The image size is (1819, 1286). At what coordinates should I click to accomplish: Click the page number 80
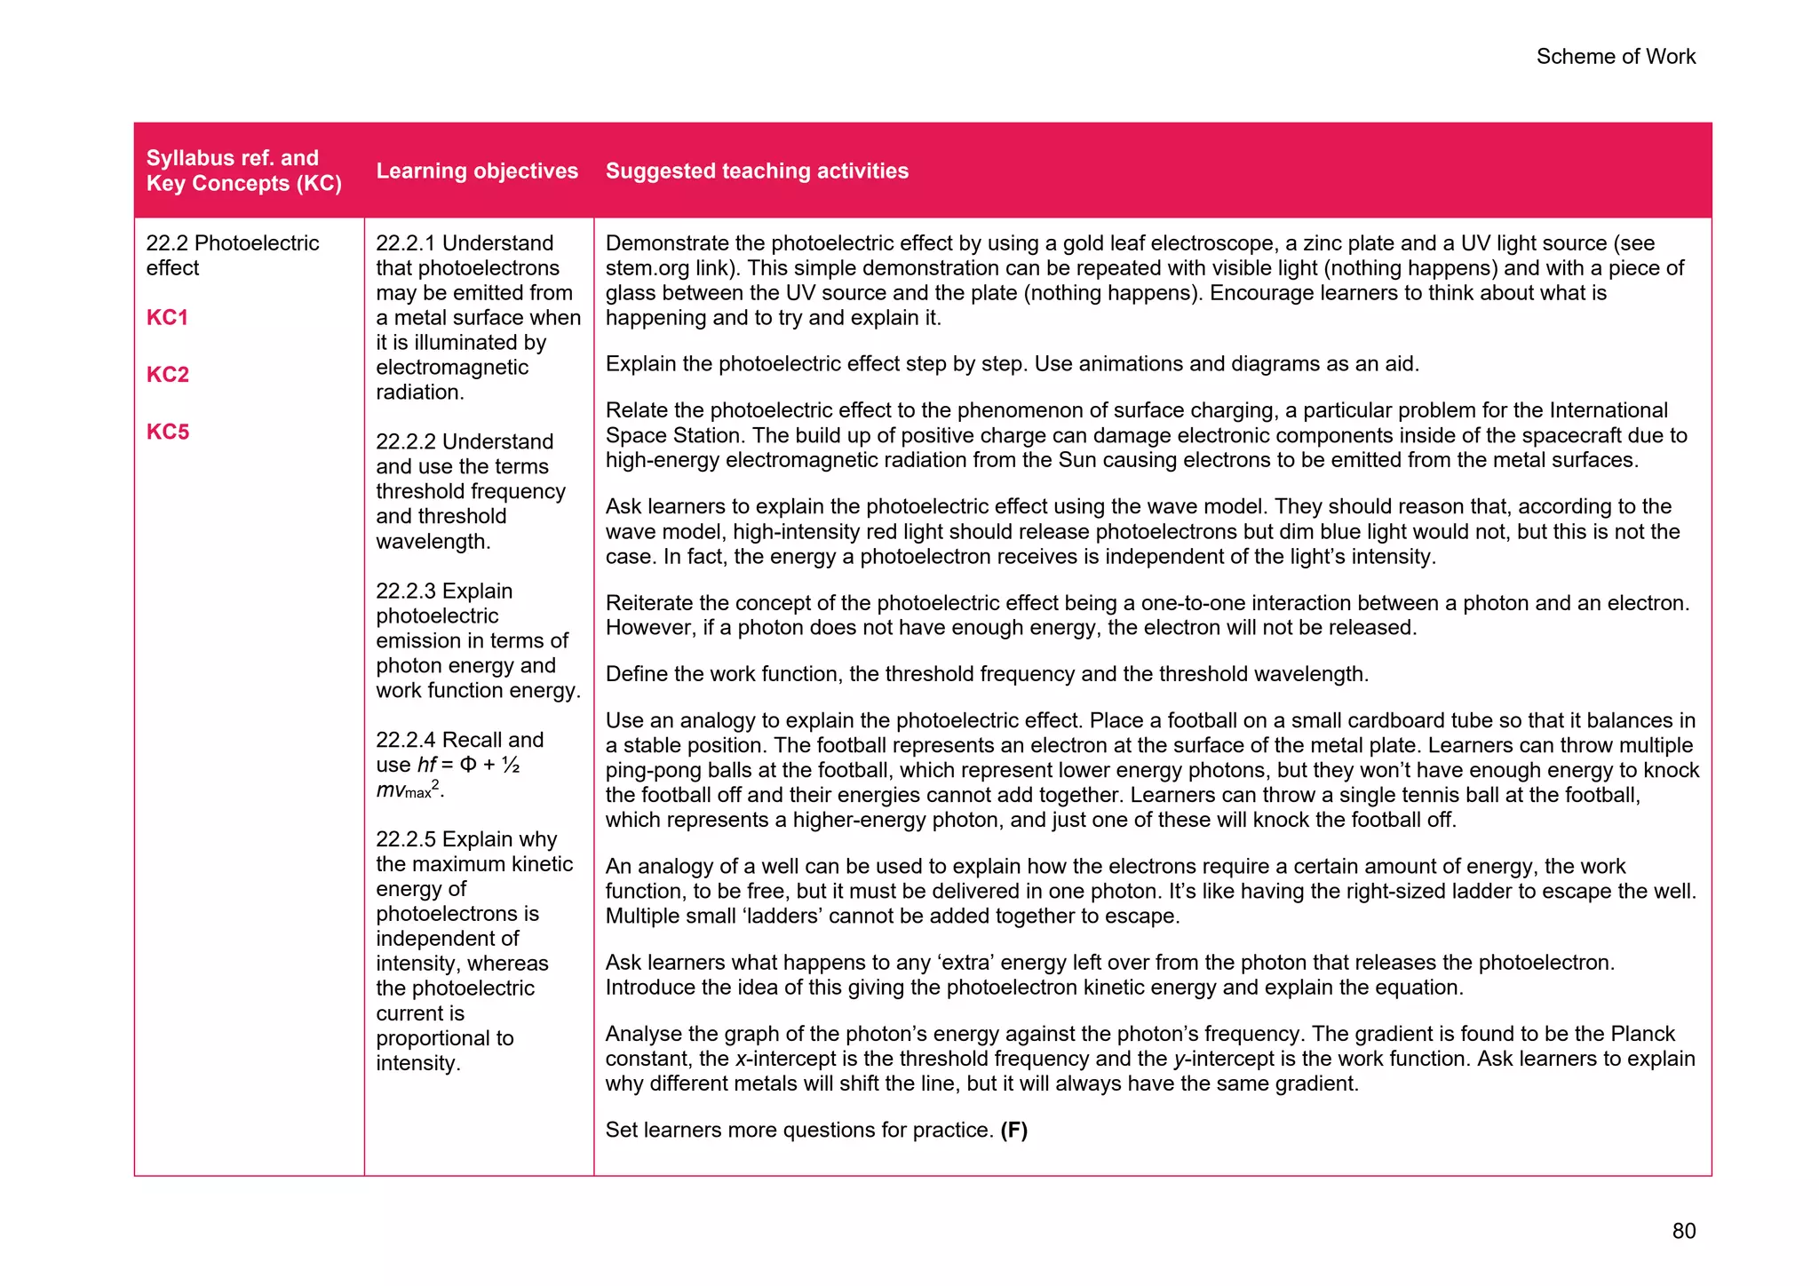click(x=1683, y=1230)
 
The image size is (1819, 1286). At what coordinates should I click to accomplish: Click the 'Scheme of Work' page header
click(x=1615, y=57)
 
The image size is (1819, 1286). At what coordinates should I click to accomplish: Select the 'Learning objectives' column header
click(x=476, y=171)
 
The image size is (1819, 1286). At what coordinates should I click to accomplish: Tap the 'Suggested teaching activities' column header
click(x=757, y=171)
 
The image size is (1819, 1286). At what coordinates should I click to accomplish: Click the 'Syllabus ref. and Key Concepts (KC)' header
click(x=243, y=171)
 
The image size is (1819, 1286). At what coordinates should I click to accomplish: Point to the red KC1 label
click(x=167, y=317)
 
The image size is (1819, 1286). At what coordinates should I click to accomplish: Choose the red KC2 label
click(x=167, y=374)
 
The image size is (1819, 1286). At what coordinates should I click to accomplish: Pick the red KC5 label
click(x=167, y=432)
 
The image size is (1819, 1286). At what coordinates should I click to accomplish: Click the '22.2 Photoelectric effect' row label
click(x=232, y=255)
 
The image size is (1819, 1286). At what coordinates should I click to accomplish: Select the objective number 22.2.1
click(x=406, y=243)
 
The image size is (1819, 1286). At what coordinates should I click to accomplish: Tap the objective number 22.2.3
click(x=406, y=591)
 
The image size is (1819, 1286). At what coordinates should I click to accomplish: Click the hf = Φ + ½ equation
click(x=468, y=765)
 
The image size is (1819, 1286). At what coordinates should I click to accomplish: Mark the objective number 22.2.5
click(x=406, y=839)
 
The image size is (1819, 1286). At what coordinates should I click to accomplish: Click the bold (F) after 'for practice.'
click(x=1013, y=1130)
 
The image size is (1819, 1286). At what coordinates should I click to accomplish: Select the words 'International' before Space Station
click(x=1609, y=410)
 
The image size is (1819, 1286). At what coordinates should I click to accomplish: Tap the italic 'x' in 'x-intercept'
click(x=740, y=1059)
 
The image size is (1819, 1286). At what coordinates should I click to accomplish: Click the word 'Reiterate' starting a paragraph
click(x=648, y=603)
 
